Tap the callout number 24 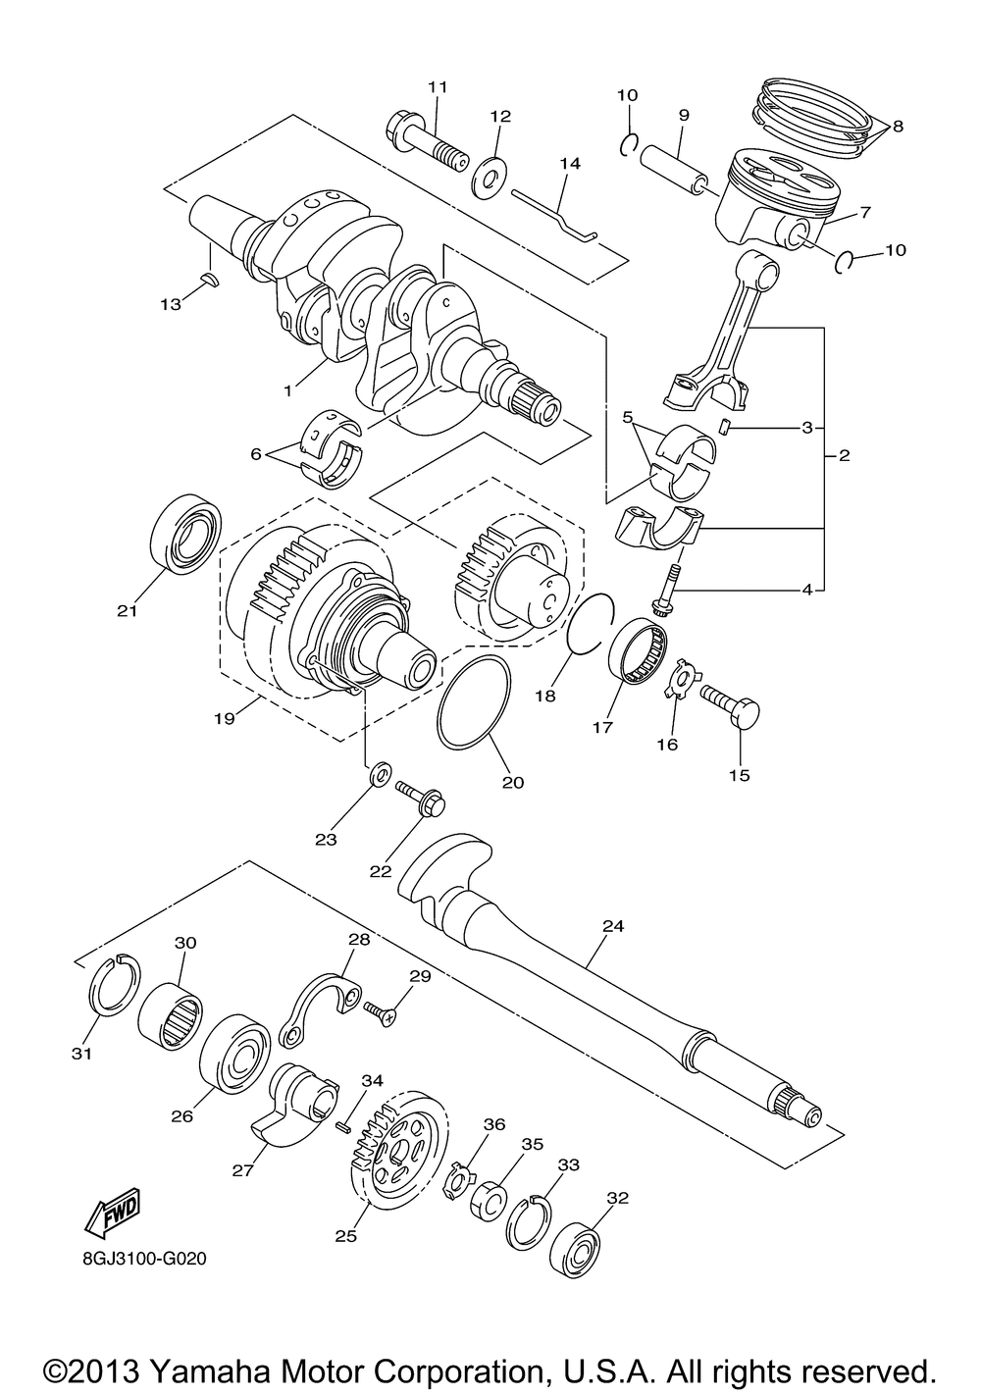[x=614, y=925]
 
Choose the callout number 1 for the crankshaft [x=288, y=390]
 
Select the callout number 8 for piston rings [x=898, y=126]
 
